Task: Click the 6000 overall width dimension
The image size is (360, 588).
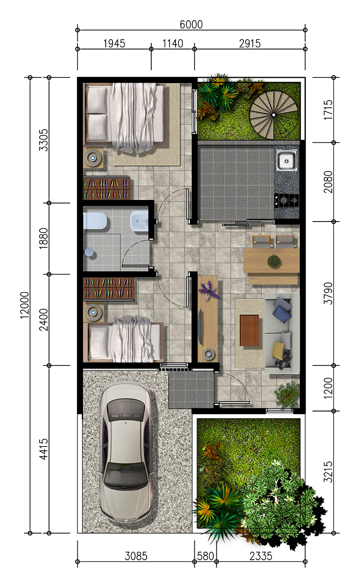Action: pyautogui.click(x=191, y=25)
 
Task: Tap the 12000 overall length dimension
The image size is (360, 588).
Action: pyautogui.click(x=25, y=305)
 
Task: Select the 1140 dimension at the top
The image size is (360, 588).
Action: pyautogui.click(x=172, y=44)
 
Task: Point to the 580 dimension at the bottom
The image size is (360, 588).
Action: pyautogui.click(x=205, y=556)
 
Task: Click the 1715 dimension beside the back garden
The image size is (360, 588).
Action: pyautogui.click(x=328, y=110)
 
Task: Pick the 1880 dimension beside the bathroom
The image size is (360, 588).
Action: pyautogui.click(x=44, y=238)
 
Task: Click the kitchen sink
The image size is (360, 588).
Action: pyautogui.click(x=287, y=160)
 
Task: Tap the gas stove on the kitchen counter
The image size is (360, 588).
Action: pyautogui.click(x=287, y=200)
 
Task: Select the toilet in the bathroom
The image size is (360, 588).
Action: pyautogui.click(x=94, y=221)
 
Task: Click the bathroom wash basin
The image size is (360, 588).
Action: pyautogui.click(x=139, y=221)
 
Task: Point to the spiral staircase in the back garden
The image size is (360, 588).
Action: pyautogui.click(x=274, y=115)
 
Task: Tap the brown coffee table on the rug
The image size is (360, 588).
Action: pyautogui.click(x=249, y=330)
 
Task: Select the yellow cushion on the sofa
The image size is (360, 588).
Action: pyautogui.click(x=278, y=350)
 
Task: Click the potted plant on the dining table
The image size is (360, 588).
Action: pyautogui.click(x=274, y=261)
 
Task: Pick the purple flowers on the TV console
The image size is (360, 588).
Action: pyautogui.click(x=209, y=290)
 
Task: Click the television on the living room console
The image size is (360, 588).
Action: pyautogui.click(x=200, y=326)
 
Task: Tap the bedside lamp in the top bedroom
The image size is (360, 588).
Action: pyautogui.click(x=93, y=158)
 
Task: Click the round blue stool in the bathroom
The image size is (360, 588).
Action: pyautogui.click(x=89, y=252)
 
